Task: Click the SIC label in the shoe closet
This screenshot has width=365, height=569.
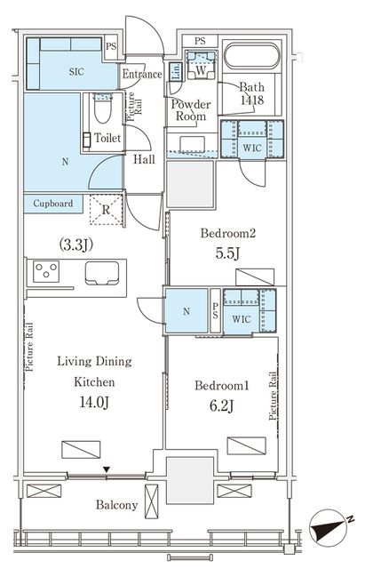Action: point(76,71)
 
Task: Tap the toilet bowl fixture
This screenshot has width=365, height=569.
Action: point(103,108)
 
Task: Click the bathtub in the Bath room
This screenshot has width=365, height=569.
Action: point(252,56)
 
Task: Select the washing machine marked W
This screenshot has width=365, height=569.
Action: point(201,65)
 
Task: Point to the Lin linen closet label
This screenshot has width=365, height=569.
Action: point(176,72)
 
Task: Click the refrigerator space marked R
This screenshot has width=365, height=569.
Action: point(106,210)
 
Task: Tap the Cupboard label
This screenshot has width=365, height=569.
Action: point(53,204)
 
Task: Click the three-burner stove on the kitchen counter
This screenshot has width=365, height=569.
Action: point(46,271)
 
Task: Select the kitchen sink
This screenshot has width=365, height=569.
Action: point(102,273)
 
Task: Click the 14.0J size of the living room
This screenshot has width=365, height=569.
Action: point(94,402)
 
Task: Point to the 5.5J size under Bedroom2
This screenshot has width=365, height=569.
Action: point(227,253)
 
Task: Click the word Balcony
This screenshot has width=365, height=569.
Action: point(116,505)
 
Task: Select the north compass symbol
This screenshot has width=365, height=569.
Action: point(329,526)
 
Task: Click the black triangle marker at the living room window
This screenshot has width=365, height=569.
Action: point(107,469)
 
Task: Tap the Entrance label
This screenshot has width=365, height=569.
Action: point(142,74)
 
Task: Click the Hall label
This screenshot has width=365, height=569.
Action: point(144,159)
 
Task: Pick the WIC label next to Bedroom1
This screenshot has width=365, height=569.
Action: point(242,319)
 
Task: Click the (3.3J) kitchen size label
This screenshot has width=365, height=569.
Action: point(76,245)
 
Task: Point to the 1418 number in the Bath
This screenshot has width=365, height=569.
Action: point(252,100)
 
